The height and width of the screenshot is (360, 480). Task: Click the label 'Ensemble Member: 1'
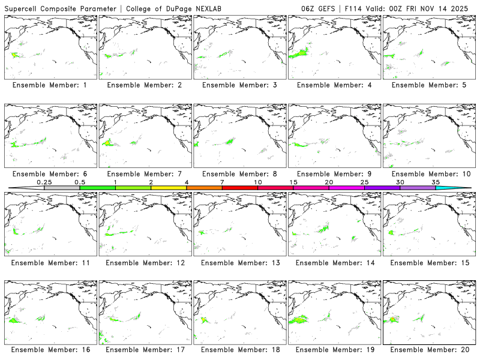pos(50,85)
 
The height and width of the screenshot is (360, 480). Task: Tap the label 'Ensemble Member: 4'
pos(334,85)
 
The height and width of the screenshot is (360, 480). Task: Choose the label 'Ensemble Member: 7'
pos(145,174)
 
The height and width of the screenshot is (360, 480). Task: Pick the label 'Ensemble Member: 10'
pos(429,174)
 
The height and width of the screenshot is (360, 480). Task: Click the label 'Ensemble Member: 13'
pos(239,263)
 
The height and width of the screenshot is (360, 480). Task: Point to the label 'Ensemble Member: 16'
pos(50,350)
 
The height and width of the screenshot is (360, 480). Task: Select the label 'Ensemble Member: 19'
pos(334,350)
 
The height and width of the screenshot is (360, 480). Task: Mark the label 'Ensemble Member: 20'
pos(429,350)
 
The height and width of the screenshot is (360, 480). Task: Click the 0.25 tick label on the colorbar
pos(44,182)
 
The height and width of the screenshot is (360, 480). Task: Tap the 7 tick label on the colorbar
pos(222,182)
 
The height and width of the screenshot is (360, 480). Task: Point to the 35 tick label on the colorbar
pos(436,182)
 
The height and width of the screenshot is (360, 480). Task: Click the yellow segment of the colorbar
pos(169,188)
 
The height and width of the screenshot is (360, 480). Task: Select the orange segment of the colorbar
pos(204,188)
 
